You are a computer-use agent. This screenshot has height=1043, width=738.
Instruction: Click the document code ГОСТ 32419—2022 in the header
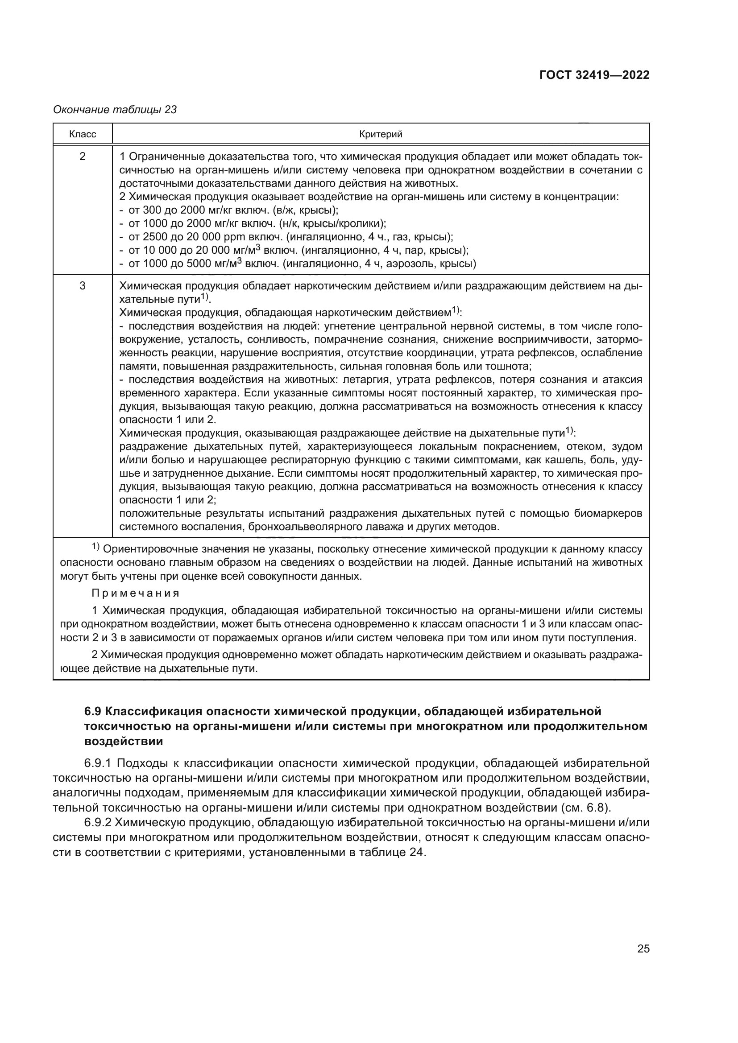[594, 75]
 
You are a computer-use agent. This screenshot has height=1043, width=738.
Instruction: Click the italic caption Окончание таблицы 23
[115, 110]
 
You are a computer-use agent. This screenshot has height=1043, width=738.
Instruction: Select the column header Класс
[83, 134]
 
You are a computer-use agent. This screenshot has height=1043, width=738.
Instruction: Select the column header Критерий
[381, 134]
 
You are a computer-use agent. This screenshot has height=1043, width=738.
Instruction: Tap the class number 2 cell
[83, 157]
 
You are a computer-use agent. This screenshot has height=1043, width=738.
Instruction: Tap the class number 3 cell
[83, 286]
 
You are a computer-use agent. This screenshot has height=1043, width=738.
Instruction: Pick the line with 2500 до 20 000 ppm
[286, 237]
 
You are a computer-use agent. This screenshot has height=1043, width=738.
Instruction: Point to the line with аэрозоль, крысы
[298, 264]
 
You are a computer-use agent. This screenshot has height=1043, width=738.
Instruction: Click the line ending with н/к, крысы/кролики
[252, 223]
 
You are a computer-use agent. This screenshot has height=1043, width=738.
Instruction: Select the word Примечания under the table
[136, 593]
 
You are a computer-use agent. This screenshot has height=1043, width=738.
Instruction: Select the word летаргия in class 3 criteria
[363, 380]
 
